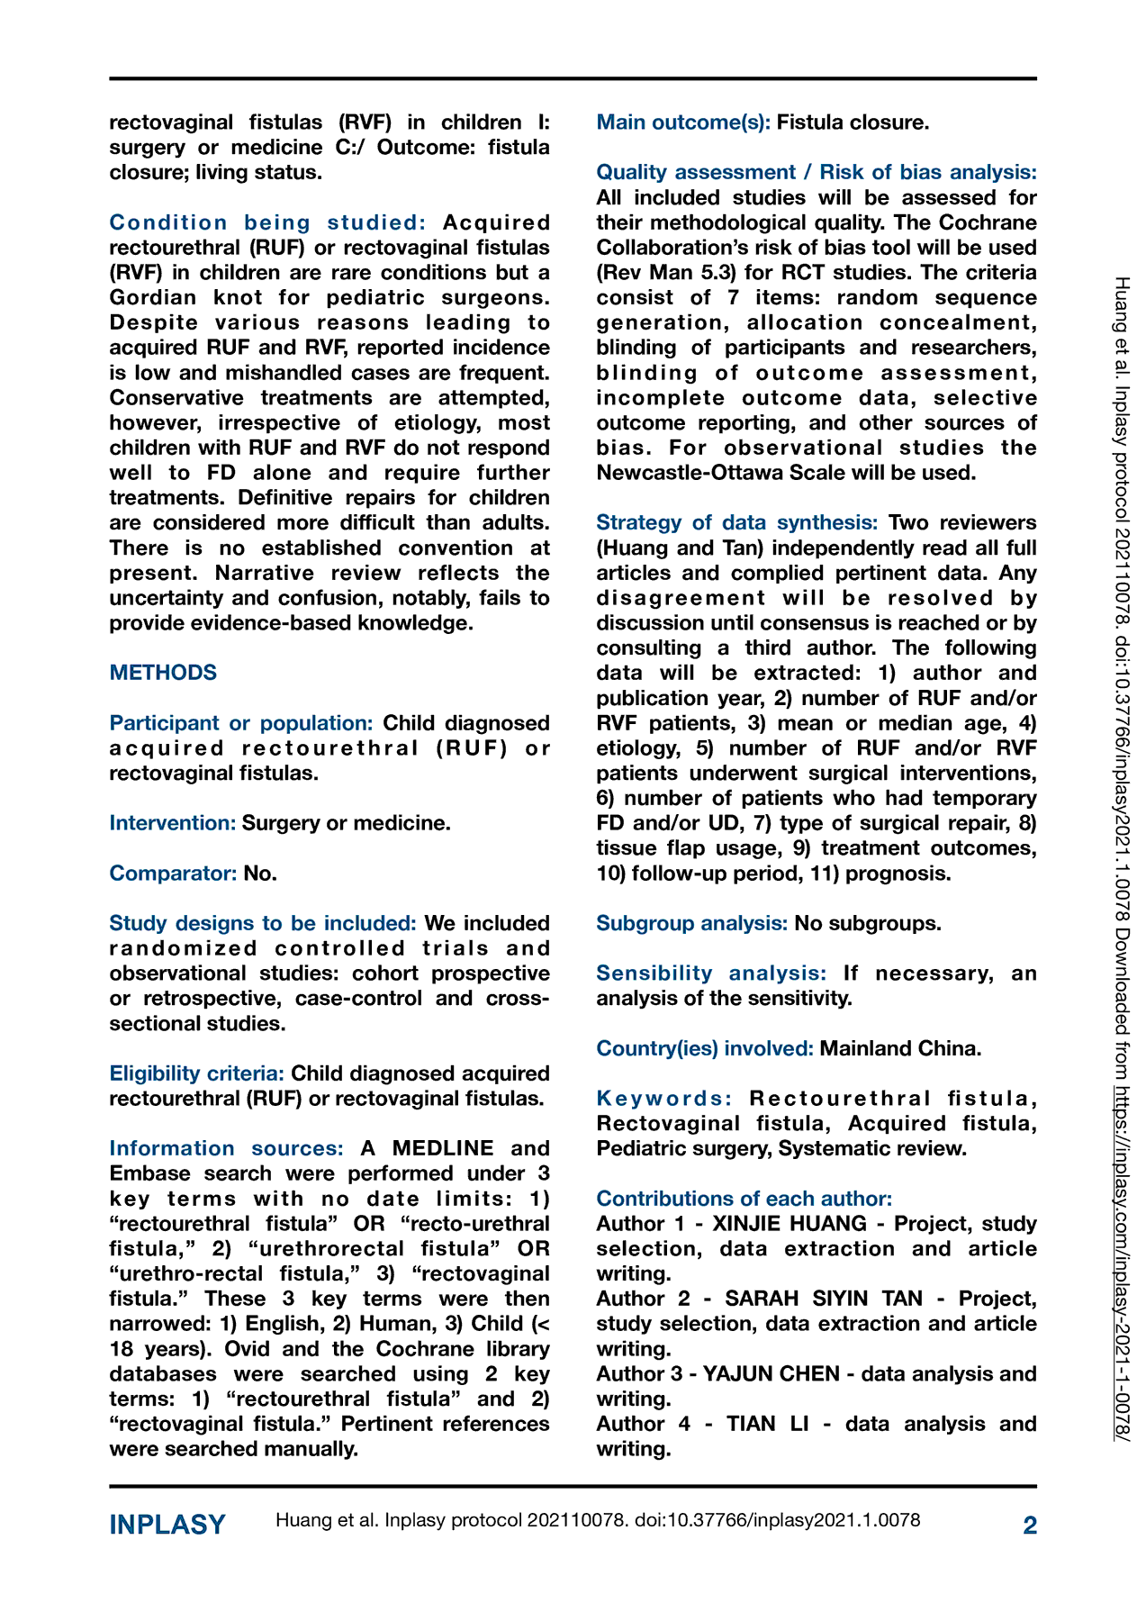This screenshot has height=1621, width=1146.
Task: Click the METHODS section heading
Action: [163, 673]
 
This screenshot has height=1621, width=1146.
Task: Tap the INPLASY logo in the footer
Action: [167, 1525]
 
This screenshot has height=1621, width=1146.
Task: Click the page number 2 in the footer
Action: [1030, 1525]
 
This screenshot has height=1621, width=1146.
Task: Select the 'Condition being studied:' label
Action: [267, 222]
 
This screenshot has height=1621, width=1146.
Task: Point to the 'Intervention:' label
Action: [173, 822]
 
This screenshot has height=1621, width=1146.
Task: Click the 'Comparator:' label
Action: [173, 873]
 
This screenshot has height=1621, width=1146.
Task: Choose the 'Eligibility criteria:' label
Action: [197, 1073]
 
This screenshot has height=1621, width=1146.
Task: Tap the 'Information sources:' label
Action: [226, 1148]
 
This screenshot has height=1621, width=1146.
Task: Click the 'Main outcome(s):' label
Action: [683, 122]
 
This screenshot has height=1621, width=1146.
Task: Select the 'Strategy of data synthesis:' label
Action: [736, 522]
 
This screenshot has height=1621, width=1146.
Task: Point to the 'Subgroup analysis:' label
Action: [691, 923]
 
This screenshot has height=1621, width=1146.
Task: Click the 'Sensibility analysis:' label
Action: [711, 974]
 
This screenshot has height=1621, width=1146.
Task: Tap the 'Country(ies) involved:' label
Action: [705, 1048]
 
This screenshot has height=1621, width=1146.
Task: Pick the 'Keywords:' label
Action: [664, 1099]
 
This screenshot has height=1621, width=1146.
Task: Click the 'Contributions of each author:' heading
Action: [744, 1199]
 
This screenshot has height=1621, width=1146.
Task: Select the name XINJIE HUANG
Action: [790, 1224]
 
